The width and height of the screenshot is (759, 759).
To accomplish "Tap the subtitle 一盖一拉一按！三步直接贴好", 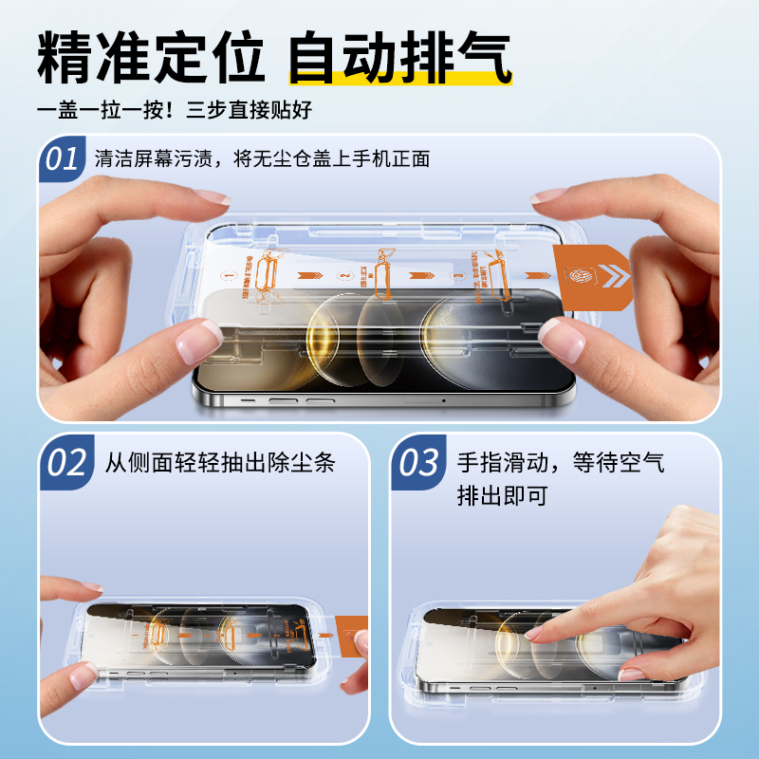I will pos(175,109).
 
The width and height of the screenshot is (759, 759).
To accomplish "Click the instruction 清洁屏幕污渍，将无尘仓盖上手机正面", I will pos(262,158).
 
